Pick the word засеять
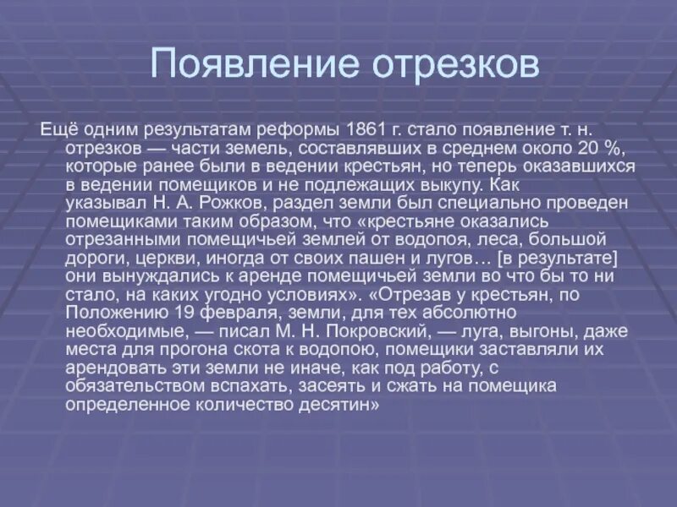click(x=322, y=388)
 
